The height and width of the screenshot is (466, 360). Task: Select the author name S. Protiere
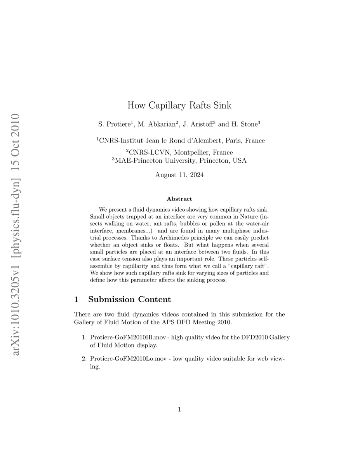(115, 124)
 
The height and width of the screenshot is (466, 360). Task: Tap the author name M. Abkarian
(158, 124)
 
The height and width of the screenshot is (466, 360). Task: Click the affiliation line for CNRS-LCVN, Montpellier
(179, 152)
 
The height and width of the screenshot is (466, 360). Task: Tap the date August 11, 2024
(179, 175)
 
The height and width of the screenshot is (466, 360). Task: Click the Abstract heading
(179, 199)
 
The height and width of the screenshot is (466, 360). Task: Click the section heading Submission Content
(129, 299)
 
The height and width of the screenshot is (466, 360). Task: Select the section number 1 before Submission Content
(77, 299)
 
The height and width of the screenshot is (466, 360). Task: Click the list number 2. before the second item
(84, 359)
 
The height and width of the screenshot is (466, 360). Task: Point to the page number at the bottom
(179, 409)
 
